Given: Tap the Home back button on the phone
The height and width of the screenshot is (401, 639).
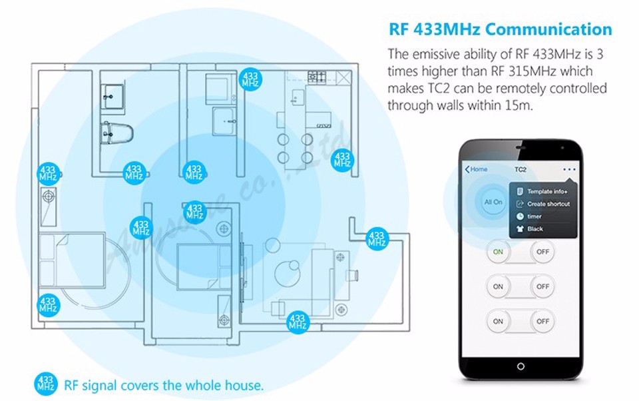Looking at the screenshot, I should coord(477,169).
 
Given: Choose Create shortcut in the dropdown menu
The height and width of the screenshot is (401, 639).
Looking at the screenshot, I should coord(548,204).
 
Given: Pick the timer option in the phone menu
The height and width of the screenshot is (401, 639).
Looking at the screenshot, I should coord(534,216).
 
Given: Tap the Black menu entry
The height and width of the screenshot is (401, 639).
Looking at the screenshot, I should coord(535,228).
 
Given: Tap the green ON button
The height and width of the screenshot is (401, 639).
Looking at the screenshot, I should coord(498,252).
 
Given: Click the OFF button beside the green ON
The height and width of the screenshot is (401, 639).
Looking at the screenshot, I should coord(543,252).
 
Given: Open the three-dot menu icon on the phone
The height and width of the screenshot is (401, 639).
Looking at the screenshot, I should coord(568,169).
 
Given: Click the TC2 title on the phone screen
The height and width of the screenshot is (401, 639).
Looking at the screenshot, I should coord(521,169).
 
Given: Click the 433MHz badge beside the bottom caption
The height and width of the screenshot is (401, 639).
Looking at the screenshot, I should coord(46,384).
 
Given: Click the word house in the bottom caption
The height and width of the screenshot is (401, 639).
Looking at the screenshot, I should coord(244,385).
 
